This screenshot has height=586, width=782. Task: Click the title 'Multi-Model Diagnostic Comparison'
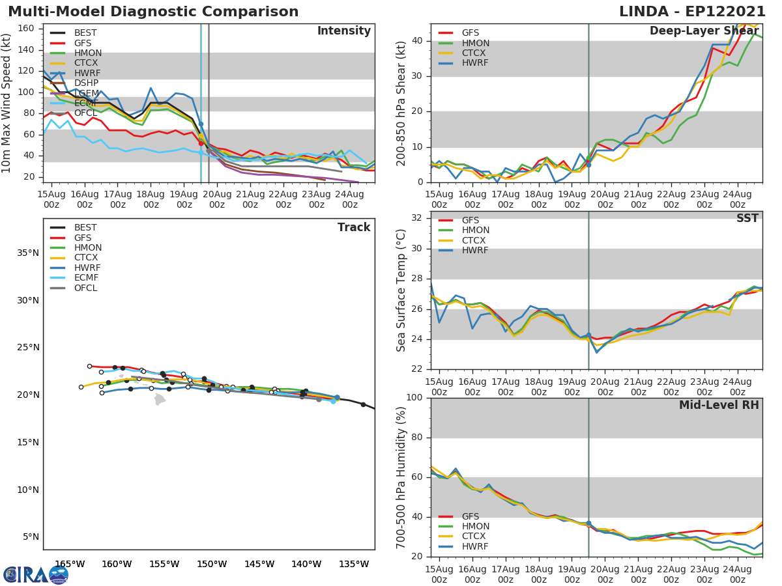click(x=153, y=12)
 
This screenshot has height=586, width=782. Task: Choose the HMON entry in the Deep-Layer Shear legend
click(x=475, y=43)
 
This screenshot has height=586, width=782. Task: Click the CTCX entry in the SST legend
click(x=475, y=240)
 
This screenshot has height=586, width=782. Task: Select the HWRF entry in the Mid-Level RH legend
click(x=475, y=546)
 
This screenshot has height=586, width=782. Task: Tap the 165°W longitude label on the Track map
click(x=70, y=564)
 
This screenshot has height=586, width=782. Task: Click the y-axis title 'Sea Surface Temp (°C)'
click(x=401, y=290)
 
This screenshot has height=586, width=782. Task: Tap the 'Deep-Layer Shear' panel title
click(x=704, y=31)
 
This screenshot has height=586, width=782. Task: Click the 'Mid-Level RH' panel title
click(x=719, y=405)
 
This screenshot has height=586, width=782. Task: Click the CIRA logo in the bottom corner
click(x=36, y=574)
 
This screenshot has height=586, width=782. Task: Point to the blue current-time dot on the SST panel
click(x=588, y=335)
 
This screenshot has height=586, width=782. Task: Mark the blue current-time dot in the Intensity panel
click(x=201, y=124)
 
